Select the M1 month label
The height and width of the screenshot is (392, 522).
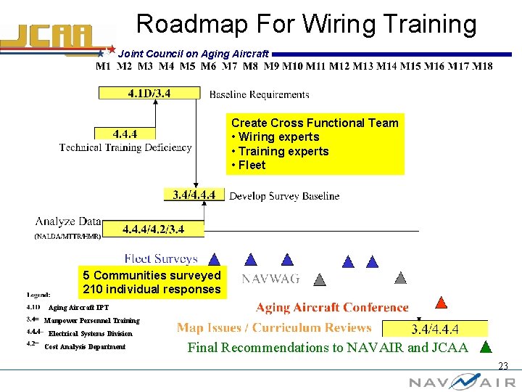104,67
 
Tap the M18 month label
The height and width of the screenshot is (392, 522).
481,67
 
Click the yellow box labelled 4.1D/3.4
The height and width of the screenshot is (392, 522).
149,93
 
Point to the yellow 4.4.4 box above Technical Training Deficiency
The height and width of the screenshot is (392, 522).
125,134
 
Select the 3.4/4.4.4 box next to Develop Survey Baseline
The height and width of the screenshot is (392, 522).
194,195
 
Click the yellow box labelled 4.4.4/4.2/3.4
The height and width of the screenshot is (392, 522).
153,229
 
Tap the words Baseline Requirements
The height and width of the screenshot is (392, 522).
259,94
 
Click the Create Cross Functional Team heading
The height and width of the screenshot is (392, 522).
315,123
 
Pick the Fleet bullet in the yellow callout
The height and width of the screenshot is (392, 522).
251,165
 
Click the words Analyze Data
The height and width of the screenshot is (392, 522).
68,221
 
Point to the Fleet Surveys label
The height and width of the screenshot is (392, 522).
160,258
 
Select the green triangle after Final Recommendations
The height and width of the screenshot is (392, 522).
486,347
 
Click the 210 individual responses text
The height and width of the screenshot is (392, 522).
152,289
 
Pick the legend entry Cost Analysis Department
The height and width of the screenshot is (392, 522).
85,347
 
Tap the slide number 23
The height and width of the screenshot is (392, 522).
502,367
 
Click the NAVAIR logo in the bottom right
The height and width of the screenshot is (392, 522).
462,382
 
